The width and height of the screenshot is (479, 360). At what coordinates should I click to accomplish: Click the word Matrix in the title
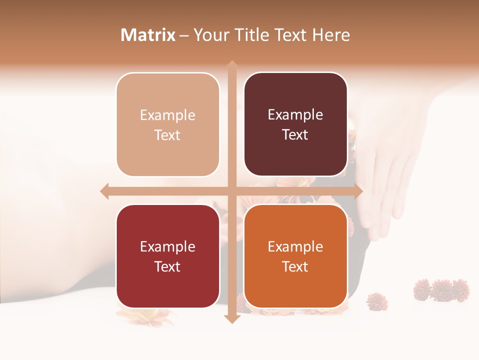point(148,35)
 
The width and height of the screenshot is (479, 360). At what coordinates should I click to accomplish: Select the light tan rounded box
point(168,124)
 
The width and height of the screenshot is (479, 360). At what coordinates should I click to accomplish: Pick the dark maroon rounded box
point(295,124)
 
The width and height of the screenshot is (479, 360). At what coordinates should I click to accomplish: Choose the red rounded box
point(168,256)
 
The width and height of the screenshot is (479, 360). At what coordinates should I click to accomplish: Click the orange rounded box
point(295,256)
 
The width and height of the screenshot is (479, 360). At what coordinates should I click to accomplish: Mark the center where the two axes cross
point(232,191)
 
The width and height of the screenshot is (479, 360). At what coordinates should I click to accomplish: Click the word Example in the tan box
point(168,115)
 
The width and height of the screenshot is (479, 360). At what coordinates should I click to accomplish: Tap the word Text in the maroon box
point(295,135)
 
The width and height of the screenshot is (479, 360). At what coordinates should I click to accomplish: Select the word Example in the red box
point(168,247)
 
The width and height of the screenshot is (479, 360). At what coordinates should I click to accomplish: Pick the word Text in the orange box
point(295,266)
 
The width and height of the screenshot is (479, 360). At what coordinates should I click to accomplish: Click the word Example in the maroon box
point(295,115)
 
